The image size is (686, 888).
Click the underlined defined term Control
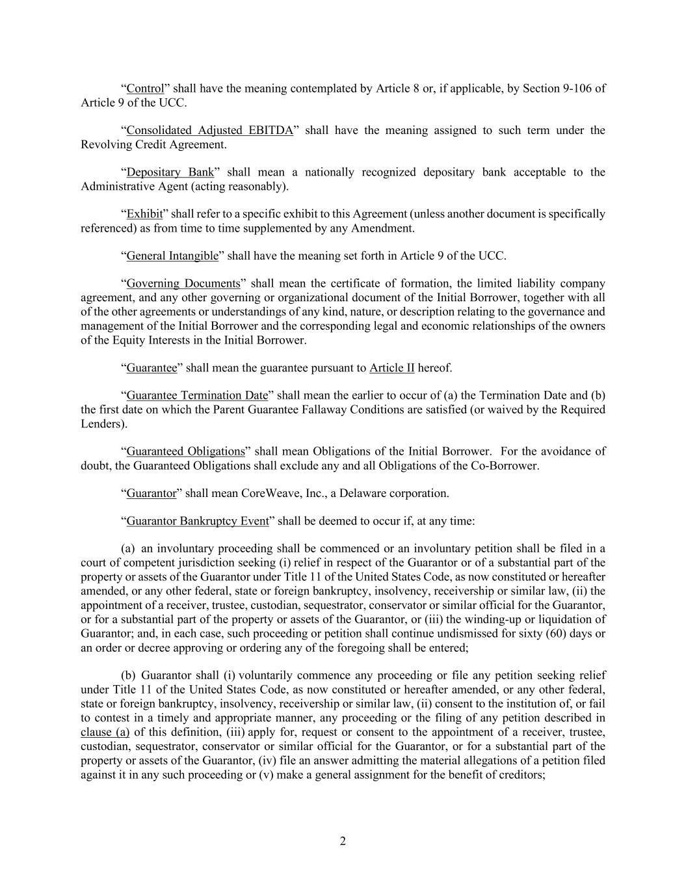click(x=145, y=88)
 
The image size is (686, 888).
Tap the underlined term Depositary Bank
click(x=170, y=172)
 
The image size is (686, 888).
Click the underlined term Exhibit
click(x=144, y=214)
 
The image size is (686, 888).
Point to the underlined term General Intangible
click(x=172, y=256)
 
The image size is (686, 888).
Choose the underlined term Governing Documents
click(x=183, y=284)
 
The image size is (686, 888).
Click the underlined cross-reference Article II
click(x=391, y=368)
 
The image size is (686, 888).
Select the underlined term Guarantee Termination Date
click(x=196, y=396)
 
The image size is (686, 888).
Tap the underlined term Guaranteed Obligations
click(x=185, y=451)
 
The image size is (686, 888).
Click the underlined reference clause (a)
click(x=105, y=733)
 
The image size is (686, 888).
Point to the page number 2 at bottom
click(x=343, y=842)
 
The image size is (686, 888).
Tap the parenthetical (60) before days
click(x=553, y=634)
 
